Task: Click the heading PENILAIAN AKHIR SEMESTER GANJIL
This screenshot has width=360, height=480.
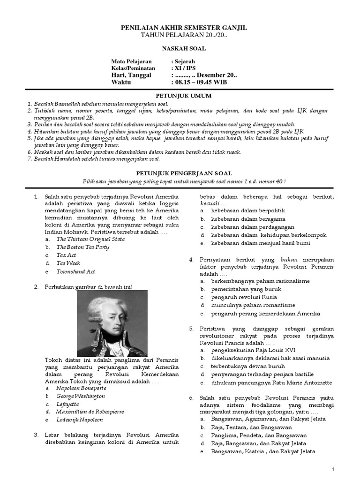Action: pyautogui.click(x=180, y=29)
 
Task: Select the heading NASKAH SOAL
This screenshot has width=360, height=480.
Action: pyautogui.click(x=180, y=48)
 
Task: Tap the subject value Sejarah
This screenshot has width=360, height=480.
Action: pyautogui.click(x=185, y=61)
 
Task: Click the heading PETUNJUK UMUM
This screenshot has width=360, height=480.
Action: pyautogui.click(x=180, y=96)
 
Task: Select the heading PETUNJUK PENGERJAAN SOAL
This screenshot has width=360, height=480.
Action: pyautogui.click(x=180, y=173)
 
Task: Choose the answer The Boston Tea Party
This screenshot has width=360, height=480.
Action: pyautogui.click(x=82, y=247)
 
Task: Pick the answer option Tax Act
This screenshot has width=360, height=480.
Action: pyautogui.click(x=66, y=255)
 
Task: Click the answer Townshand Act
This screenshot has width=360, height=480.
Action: pyautogui.click(x=75, y=271)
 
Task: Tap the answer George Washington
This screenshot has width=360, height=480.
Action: pyautogui.click(x=81, y=396)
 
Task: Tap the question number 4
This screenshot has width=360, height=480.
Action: pyautogui.click(x=191, y=259)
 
